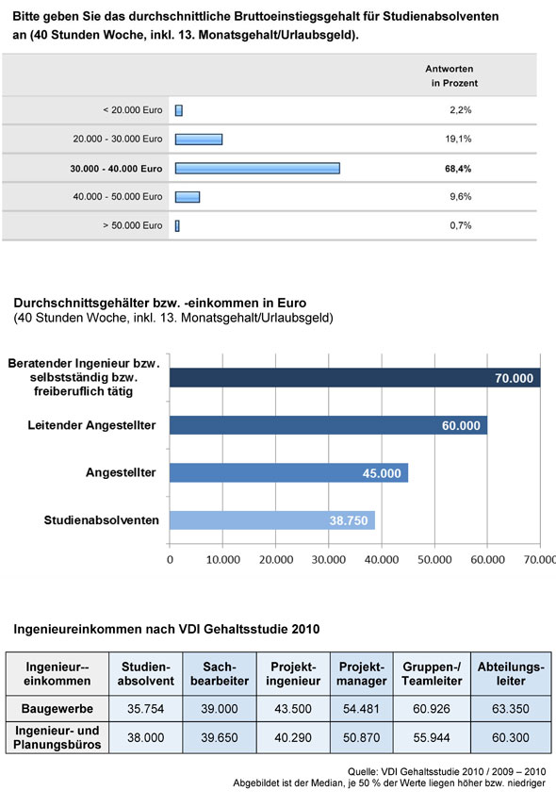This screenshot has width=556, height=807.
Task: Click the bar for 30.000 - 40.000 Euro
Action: pyautogui.click(x=257, y=168)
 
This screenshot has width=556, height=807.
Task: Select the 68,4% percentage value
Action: pyautogui.click(x=459, y=168)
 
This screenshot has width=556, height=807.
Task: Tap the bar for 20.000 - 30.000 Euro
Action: pyautogui.click(x=199, y=139)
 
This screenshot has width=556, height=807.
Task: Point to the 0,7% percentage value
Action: pyautogui.click(x=459, y=225)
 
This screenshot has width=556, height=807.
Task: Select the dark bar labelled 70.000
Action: pyautogui.click(x=354, y=377)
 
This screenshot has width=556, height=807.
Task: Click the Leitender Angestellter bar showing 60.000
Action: pyautogui.click(x=328, y=425)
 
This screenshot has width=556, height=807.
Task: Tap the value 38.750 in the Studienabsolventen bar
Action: pyautogui.click(x=348, y=519)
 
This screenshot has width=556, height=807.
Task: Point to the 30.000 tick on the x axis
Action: pyautogui.click(x=327, y=559)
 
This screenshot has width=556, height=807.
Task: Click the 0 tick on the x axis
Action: pyautogui.click(x=170, y=559)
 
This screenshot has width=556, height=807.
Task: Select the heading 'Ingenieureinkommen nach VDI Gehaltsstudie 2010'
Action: pyautogui.click(x=167, y=627)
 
